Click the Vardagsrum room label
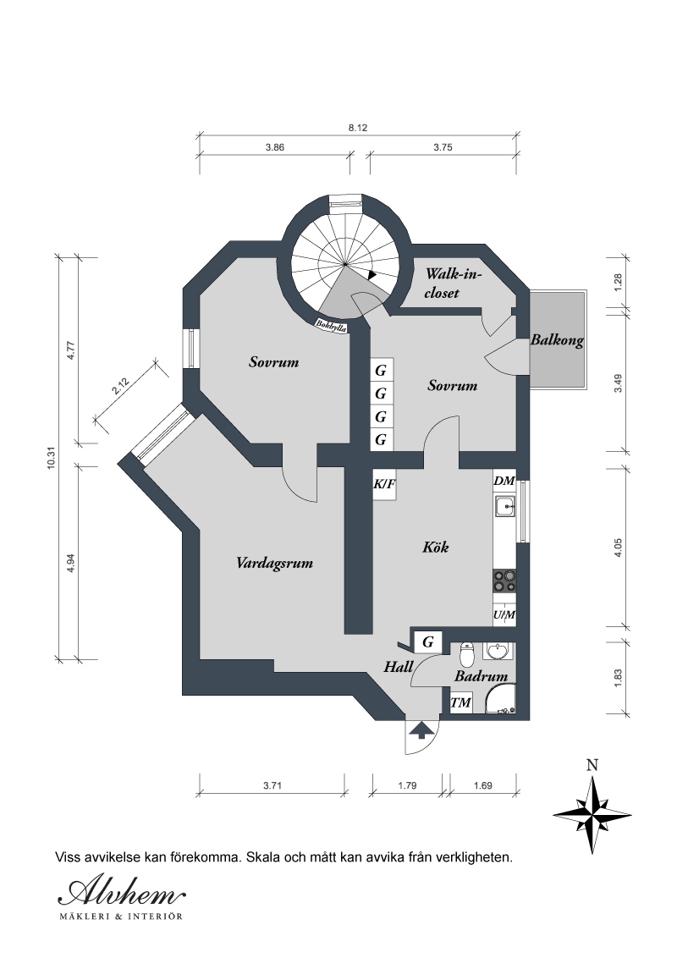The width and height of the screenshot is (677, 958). pyautogui.click(x=274, y=563)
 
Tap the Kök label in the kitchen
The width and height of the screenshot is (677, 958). pyautogui.click(x=436, y=546)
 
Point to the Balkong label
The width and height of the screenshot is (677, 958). pyautogui.click(x=557, y=340)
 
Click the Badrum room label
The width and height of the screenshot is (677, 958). pyautogui.click(x=481, y=676)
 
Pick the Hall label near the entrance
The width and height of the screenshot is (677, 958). pyautogui.click(x=399, y=667)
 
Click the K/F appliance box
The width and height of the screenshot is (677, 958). pyautogui.click(x=384, y=484)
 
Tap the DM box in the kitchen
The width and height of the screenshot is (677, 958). pyautogui.click(x=504, y=481)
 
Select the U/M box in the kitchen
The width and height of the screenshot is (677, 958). pyautogui.click(x=504, y=614)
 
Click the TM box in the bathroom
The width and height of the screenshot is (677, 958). pyautogui.click(x=460, y=702)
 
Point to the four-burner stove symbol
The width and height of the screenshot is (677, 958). pyautogui.click(x=504, y=581)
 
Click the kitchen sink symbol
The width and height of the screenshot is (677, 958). pyautogui.click(x=504, y=506)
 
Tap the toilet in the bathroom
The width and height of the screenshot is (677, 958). pyautogui.click(x=467, y=653)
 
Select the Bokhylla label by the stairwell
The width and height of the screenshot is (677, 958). pyautogui.click(x=331, y=327)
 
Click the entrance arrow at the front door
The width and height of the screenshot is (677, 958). pyautogui.click(x=421, y=730)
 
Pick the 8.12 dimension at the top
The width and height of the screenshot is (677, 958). pyautogui.click(x=357, y=129)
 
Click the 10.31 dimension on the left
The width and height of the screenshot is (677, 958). pyautogui.click(x=51, y=458)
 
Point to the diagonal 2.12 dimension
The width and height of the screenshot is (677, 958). pyautogui.click(x=121, y=388)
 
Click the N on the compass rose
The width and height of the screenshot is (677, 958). pyautogui.click(x=592, y=765)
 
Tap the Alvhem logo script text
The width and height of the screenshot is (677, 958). pyautogui.click(x=121, y=893)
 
